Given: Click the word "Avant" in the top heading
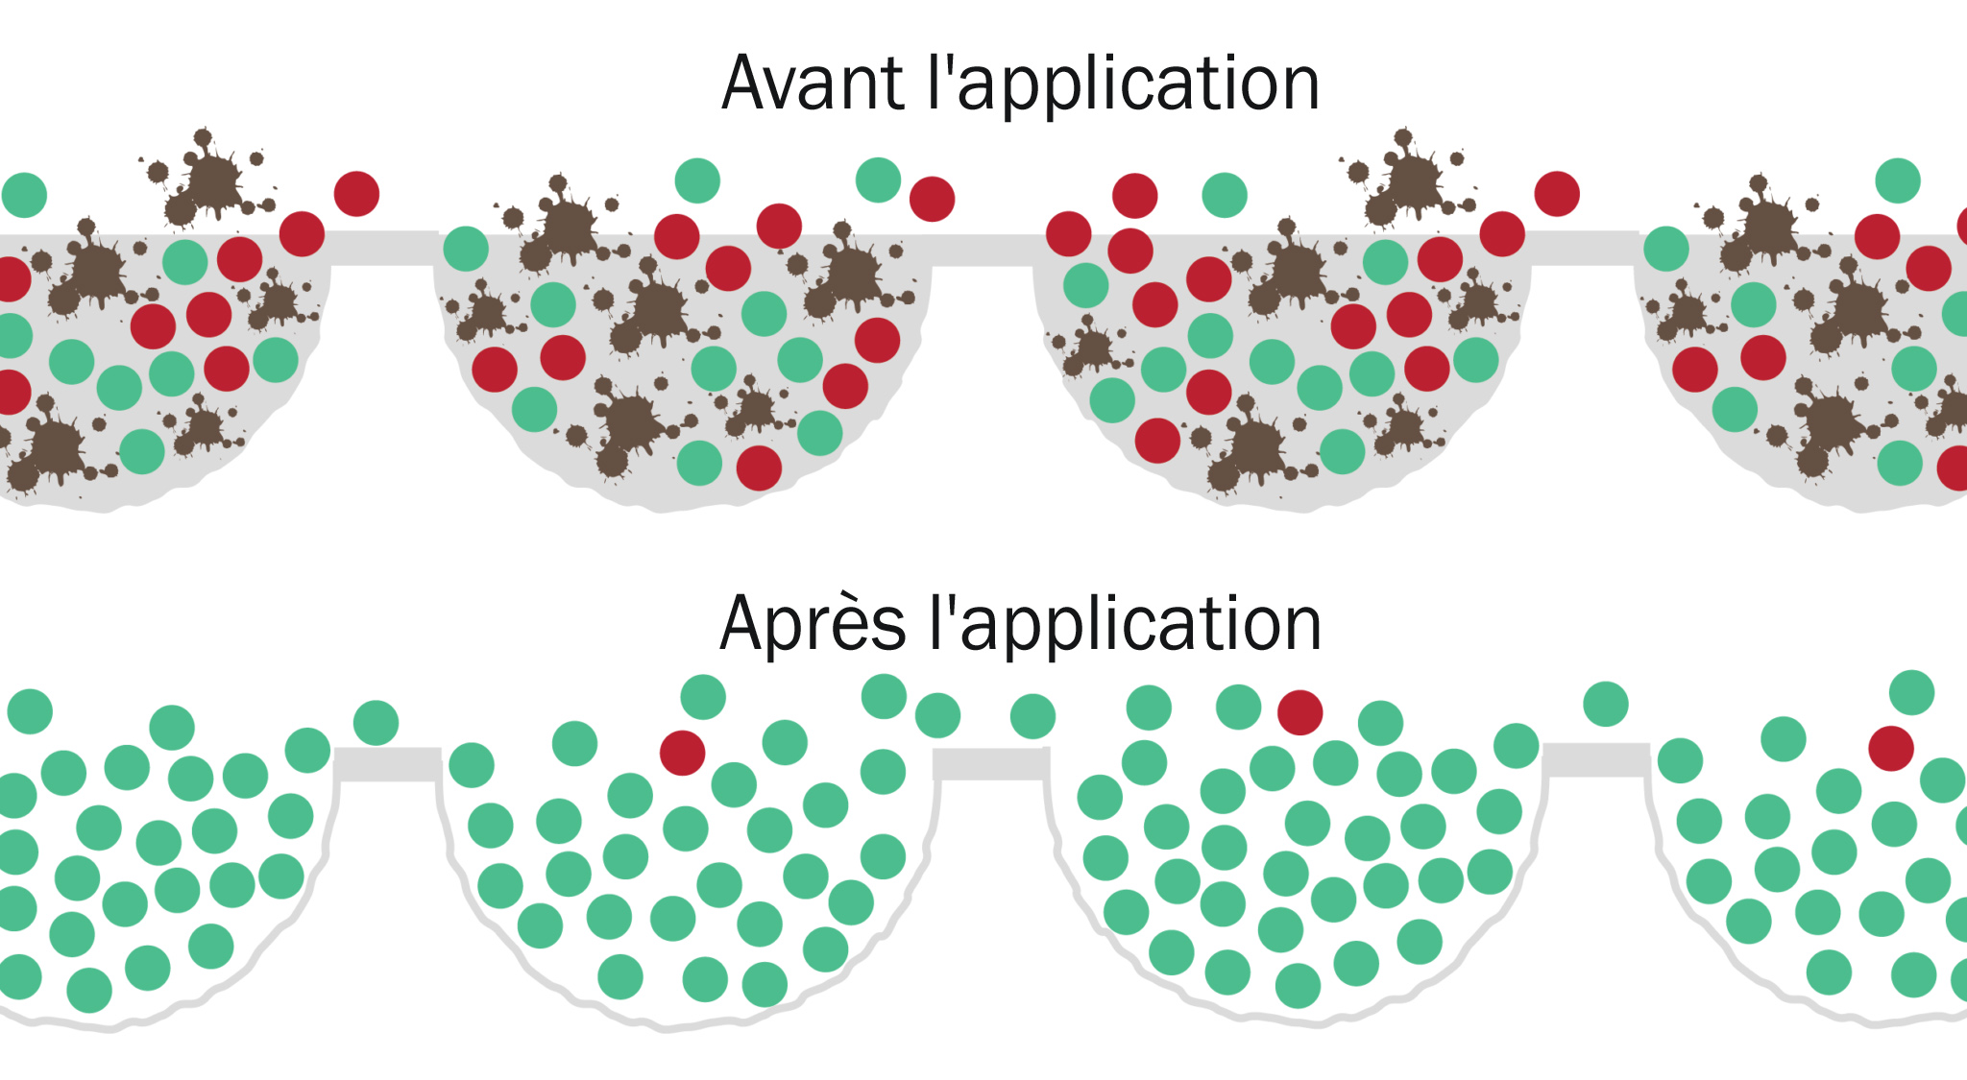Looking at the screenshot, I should click(x=812, y=84).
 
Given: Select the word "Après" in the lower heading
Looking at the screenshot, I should click(x=813, y=625).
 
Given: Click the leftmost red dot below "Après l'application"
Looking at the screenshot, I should click(x=682, y=753).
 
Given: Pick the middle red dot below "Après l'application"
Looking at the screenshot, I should click(x=1299, y=712).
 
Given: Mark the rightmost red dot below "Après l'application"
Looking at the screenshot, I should click(x=1891, y=749).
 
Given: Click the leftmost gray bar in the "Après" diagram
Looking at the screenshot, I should click(x=388, y=764).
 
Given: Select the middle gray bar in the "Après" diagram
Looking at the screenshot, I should click(x=990, y=764).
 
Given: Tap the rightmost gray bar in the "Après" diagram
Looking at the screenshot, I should click(x=1595, y=759).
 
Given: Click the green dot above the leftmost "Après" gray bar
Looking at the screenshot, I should click(x=376, y=722).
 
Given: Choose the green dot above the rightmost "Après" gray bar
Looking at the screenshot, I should click(x=1605, y=704).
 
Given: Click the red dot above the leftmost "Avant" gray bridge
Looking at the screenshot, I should click(x=356, y=194).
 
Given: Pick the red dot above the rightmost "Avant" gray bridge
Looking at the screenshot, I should click(x=1557, y=194).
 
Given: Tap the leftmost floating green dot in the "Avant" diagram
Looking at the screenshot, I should click(x=25, y=195).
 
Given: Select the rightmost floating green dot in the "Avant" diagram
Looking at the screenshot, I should click(x=1898, y=180).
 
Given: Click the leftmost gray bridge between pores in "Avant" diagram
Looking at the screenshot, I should click(x=384, y=248).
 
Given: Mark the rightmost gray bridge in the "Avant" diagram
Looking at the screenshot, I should click(x=1585, y=248).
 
